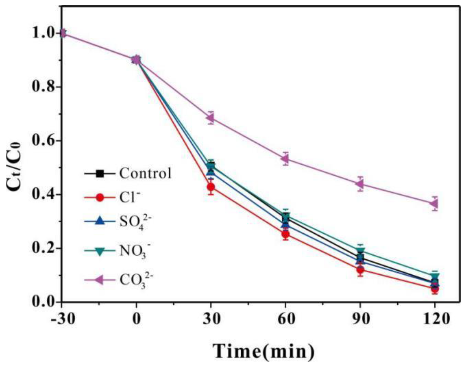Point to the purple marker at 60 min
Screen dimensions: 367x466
click(285, 159)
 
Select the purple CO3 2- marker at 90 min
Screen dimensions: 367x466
click(360, 184)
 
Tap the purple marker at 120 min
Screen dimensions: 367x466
click(434, 203)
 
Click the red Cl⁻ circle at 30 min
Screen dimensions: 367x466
click(211, 187)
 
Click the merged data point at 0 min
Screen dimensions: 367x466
click(136, 60)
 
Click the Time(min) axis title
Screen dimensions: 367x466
click(264, 351)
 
